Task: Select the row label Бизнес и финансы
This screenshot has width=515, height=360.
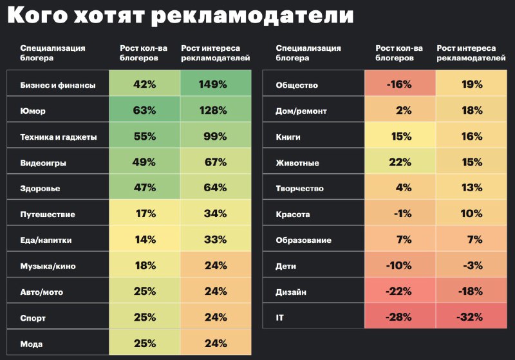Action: tap(58, 85)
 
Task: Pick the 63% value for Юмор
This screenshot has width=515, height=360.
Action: tap(144, 110)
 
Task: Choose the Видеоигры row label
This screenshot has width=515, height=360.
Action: tap(43, 162)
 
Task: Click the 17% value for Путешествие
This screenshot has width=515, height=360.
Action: tap(144, 214)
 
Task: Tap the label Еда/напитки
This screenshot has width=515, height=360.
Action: tap(46, 240)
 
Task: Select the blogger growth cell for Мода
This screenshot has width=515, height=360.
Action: tap(144, 343)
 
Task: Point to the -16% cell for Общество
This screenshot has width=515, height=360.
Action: tap(399, 84)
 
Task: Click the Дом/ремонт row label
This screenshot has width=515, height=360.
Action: tap(301, 111)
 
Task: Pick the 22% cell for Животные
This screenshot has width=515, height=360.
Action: tap(399, 162)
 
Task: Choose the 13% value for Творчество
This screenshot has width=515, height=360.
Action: tap(471, 188)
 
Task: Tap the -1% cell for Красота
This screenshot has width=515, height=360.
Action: tap(399, 214)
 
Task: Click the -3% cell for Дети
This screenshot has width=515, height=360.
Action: tap(471, 265)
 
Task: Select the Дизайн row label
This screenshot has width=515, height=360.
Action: tap(290, 292)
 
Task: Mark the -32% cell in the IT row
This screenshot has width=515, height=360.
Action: tap(471, 317)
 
